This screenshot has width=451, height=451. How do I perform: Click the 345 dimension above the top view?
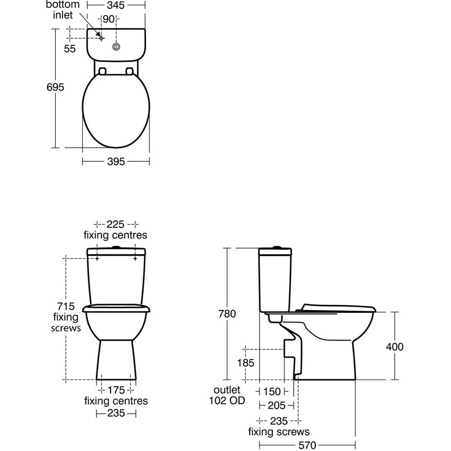point(116,5)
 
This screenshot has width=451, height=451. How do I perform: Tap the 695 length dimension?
point(55,87)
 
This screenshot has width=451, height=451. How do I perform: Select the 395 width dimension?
point(116,162)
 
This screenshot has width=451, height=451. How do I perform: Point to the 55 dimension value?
point(69,49)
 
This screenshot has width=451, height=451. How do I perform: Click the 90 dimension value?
point(108,19)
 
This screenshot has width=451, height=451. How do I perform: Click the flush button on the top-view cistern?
point(116,47)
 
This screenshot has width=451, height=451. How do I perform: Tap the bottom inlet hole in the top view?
point(101,38)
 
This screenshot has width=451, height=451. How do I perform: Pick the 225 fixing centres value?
point(116,224)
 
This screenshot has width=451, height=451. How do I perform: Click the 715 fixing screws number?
point(66,306)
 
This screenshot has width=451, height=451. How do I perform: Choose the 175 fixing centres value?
point(116,390)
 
